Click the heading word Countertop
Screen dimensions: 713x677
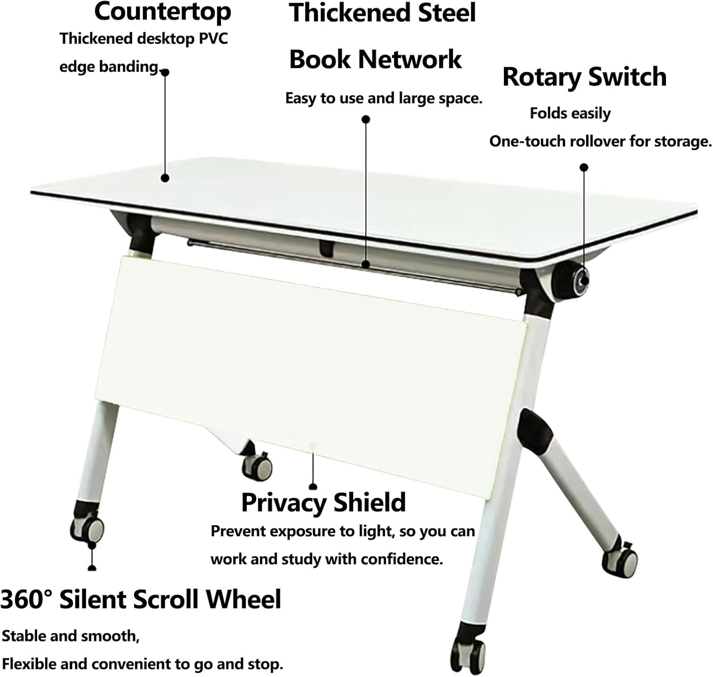(163, 12)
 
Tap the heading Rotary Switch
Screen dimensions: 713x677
(584, 77)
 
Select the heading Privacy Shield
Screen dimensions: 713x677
(324, 503)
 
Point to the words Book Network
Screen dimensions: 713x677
(376, 59)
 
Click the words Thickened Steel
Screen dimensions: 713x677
(382, 13)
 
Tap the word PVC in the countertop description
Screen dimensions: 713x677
(213, 39)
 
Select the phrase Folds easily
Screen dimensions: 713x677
(570, 114)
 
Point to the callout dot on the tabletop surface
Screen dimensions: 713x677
(165, 178)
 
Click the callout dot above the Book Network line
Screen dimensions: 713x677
(366, 119)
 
